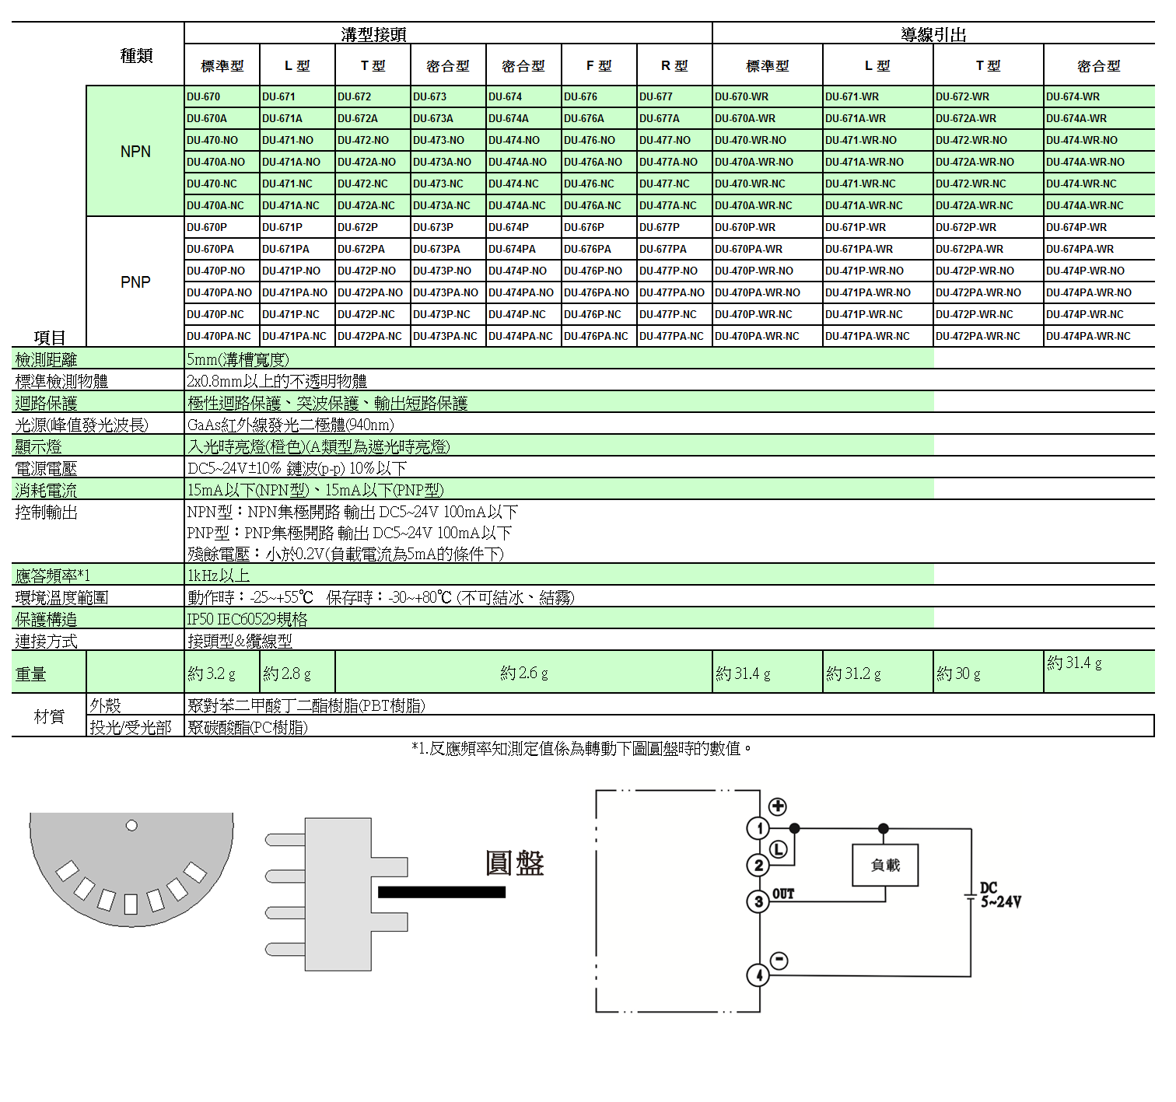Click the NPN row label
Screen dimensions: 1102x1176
pos(135,152)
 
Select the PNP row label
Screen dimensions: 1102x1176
pos(135,282)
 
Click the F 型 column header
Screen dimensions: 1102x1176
pos(599,66)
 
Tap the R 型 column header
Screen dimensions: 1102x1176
pos(674,66)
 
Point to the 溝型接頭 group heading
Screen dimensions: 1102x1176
pos(373,34)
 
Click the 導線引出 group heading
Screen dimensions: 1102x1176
pos(933,34)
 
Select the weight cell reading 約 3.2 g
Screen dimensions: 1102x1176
pos(212,673)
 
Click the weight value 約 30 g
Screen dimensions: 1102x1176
pos(958,673)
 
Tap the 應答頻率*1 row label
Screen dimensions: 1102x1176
pos(53,575)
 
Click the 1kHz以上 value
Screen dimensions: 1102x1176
pos(219,575)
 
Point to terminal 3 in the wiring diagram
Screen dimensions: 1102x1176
pos(758,901)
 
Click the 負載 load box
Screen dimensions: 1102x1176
pos(885,865)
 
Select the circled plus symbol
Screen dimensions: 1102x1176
pos(778,806)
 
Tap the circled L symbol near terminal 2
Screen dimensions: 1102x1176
pos(779,849)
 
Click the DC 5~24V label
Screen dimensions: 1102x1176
pos(1000,895)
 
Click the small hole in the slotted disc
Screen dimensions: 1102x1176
pos(131,825)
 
